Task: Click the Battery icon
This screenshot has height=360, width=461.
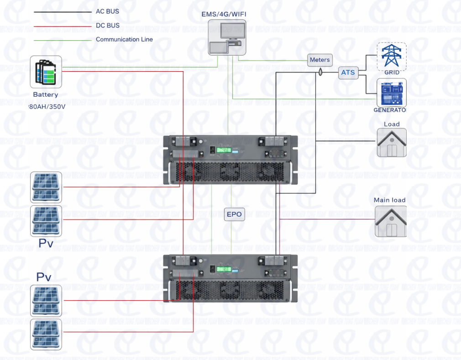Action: [x=46, y=72]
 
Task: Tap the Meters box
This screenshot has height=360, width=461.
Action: [x=320, y=60]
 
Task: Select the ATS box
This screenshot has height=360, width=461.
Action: [x=348, y=73]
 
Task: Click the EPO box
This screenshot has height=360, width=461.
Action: [x=234, y=214]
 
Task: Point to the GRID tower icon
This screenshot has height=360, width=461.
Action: [x=392, y=56]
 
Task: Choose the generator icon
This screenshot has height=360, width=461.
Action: [x=391, y=93]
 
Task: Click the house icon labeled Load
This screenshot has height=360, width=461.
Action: [x=391, y=143]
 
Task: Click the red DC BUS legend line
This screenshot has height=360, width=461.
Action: [x=63, y=26]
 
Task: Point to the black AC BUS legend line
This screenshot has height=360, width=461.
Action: [x=63, y=12]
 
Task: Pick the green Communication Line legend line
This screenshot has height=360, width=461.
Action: [x=63, y=40]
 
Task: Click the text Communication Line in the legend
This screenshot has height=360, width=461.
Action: [x=124, y=40]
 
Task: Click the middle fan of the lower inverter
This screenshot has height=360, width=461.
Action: [x=230, y=290]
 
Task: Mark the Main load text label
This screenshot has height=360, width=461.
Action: [x=389, y=200]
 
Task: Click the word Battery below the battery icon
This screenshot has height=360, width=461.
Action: [x=46, y=95]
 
